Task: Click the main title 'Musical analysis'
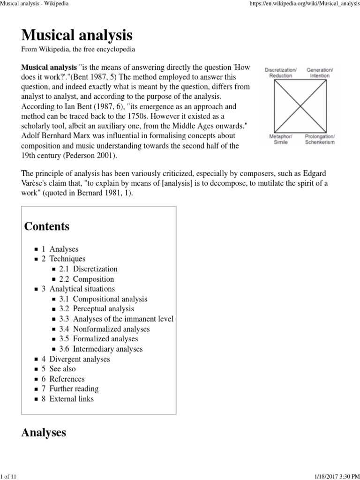(x=77, y=35)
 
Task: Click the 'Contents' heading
(x=47, y=226)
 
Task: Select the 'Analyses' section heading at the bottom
(x=44, y=433)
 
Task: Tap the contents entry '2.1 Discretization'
(x=88, y=269)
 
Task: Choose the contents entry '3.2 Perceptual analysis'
(x=97, y=309)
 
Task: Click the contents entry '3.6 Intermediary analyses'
(x=101, y=349)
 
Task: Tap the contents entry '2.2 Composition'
(x=87, y=279)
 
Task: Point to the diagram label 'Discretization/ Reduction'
(x=281, y=73)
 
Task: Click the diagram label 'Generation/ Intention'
(x=320, y=73)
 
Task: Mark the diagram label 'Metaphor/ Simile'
(x=281, y=139)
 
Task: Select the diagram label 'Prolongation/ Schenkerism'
(x=320, y=139)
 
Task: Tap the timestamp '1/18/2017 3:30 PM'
(x=335, y=476)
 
